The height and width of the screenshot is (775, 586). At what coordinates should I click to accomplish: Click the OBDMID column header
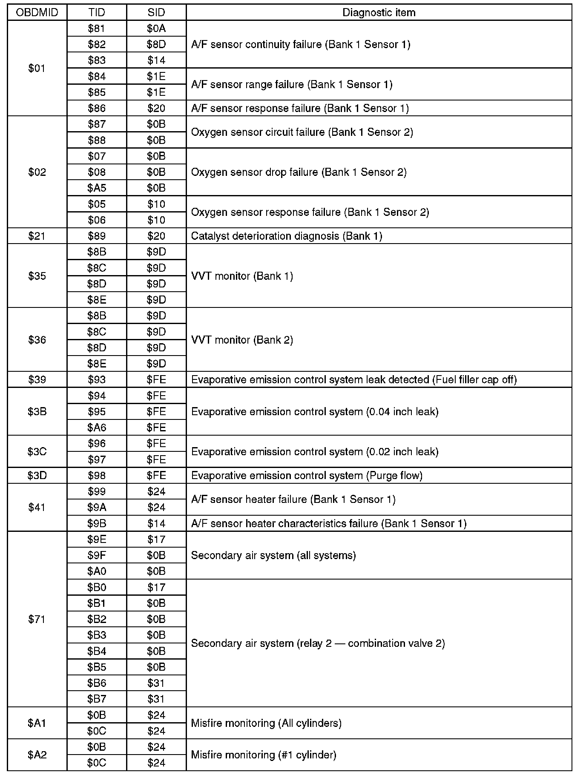[37, 12]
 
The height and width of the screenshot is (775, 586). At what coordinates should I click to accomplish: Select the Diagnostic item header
[379, 12]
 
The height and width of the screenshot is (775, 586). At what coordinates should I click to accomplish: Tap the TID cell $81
[97, 29]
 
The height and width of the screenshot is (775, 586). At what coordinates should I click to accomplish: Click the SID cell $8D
[156, 44]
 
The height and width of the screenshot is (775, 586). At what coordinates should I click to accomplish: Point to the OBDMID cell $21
[37, 236]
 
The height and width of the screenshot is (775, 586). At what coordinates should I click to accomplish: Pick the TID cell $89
[97, 236]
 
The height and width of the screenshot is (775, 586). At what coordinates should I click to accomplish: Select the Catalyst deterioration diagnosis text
[286, 236]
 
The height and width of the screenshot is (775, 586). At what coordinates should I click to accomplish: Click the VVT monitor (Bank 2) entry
[242, 340]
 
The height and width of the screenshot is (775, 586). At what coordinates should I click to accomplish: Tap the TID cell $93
[97, 379]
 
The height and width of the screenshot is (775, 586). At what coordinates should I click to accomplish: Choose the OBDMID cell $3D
[37, 475]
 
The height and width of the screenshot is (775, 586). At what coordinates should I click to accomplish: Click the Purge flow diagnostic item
[307, 475]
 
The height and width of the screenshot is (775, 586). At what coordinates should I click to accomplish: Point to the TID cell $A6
[97, 428]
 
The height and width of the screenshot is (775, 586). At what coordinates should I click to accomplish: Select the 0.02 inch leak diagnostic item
[315, 451]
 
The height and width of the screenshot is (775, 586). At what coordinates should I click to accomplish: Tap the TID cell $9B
[97, 523]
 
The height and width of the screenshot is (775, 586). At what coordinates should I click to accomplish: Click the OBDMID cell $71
[37, 619]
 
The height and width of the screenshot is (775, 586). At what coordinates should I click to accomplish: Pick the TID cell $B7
[97, 699]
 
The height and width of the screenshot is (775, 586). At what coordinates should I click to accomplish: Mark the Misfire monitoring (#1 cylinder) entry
[264, 755]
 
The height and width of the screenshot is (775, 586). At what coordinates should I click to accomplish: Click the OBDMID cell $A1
[37, 723]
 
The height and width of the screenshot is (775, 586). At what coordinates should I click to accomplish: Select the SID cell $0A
[156, 29]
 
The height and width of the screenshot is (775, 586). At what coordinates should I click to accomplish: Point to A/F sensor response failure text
[300, 108]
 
